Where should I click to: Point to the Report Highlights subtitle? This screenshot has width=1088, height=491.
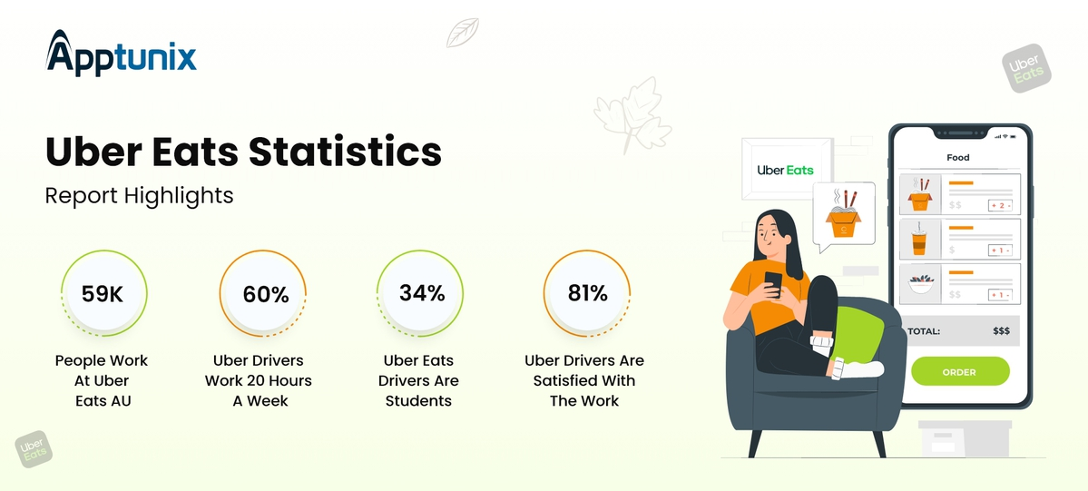coord(139,195)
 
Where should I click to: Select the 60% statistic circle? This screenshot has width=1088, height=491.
coord(265,294)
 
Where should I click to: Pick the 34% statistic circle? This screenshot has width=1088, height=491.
coord(421,293)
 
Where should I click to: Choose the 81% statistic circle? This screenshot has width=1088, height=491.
coord(587,293)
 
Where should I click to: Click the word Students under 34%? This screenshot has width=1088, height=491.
coord(419,401)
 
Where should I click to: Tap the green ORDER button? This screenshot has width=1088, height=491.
coord(959,372)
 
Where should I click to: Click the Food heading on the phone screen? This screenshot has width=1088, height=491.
coord(958,158)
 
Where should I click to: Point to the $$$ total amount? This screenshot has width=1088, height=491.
coord(1001,331)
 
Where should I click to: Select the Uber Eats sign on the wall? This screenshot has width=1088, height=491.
coord(786,170)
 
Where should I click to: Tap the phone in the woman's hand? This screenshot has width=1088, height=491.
coord(773,281)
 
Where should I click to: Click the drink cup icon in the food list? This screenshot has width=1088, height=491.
coord(920,240)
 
